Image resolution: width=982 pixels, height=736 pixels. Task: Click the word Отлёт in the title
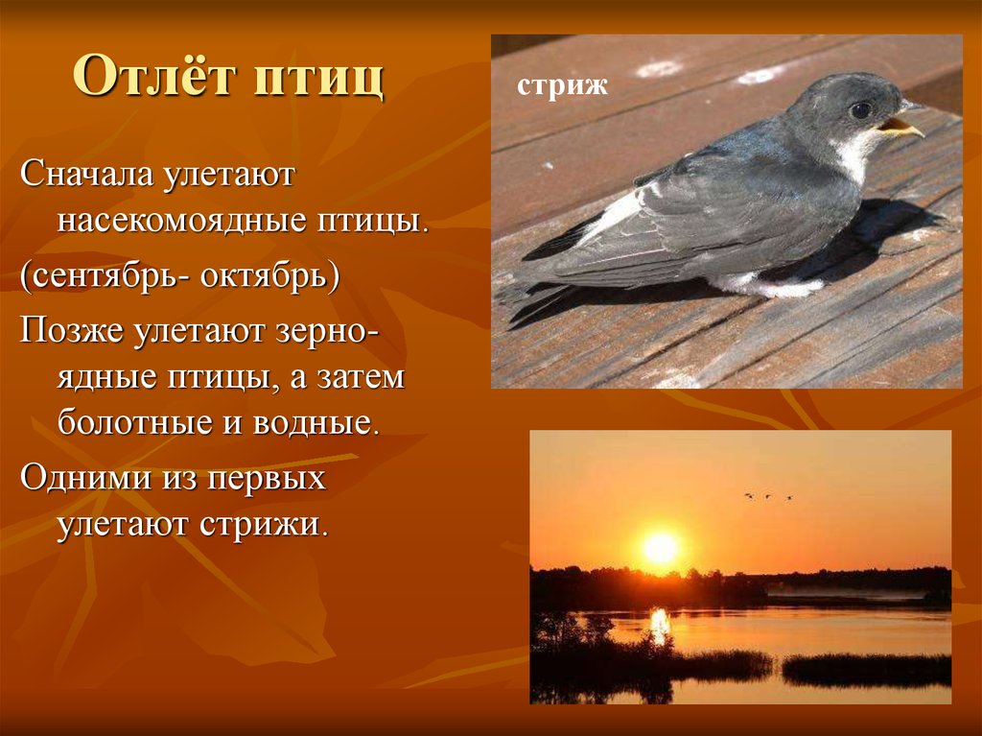pyautogui.click(x=154, y=77)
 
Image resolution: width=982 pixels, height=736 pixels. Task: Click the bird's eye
pyautogui.click(x=860, y=110)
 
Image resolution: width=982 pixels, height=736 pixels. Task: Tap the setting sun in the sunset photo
pyautogui.click(x=661, y=549)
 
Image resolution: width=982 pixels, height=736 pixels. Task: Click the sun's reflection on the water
pyautogui.click(x=660, y=624)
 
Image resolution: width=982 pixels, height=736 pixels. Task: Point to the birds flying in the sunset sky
pyautogui.click(x=768, y=497)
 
